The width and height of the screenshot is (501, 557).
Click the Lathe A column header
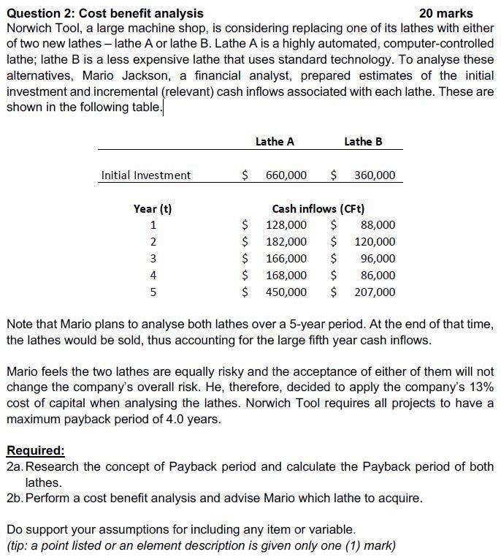[x=275, y=142]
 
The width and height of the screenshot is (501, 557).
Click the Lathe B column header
[x=363, y=142]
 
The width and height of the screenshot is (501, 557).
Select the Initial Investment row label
[x=146, y=175]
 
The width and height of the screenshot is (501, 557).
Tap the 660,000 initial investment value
[x=286, y=175]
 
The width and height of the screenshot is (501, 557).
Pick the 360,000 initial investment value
[x=374, y=175]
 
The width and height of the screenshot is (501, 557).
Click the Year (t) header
[x=153, y=209]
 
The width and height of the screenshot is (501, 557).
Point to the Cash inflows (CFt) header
[x=318, y=209]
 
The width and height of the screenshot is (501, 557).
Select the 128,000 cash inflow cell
[x=286, y=225]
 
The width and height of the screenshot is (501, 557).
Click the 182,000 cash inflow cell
[x=286, y=242]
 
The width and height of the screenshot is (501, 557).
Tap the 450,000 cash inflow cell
[x=286, y=292]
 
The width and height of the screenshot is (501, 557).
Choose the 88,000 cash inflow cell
[x=378, y=225]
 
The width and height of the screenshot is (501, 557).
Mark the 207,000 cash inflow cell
[x=374, y=292]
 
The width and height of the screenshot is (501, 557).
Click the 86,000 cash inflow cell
[x=378, y=276]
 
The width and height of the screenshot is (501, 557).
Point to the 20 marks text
[x=446, y=13]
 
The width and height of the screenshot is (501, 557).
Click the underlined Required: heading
[x=35, y=450]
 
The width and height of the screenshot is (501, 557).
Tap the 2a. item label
[x=15, y=466]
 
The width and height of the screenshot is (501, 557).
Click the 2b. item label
[x=15, y=499]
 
